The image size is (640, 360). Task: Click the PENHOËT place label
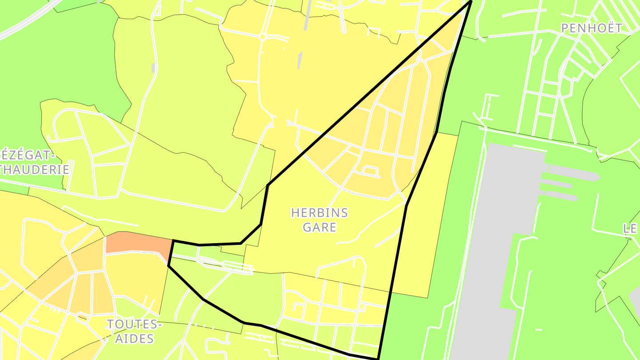pos(591,28)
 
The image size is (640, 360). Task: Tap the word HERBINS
pos(319,213)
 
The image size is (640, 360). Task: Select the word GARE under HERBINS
pos(319,228)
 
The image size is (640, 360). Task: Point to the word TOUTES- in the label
pos(134,324)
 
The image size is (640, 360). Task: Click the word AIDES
pos(134,339)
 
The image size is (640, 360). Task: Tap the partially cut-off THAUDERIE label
pos(35,169)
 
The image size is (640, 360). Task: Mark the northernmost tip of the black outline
pos(470,1)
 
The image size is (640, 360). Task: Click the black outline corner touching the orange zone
pos(173,241)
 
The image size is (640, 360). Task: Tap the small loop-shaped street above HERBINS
pos(370,171)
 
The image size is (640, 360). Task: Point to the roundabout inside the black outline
pos(419,60)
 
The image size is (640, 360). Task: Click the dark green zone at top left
pos(58,67)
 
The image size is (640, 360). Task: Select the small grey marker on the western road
pos(153,68)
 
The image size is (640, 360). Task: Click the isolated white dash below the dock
pos(539,330)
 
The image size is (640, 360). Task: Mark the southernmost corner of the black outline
pos(378,358)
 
